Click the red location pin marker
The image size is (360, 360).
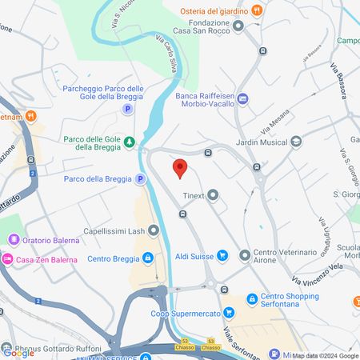pos(180,169)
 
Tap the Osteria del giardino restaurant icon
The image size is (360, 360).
pos(257,10)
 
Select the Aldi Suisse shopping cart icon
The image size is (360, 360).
pos(223,256)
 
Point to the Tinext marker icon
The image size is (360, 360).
pos(213,195)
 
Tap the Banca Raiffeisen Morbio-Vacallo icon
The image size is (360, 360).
pos(243,98)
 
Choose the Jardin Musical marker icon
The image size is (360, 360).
pos(296,142)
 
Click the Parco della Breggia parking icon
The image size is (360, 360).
pos(141,179)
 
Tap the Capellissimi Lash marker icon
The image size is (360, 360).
pos(154,231)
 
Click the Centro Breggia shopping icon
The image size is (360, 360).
pos(148,258)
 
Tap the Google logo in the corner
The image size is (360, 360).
pos(18,353)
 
